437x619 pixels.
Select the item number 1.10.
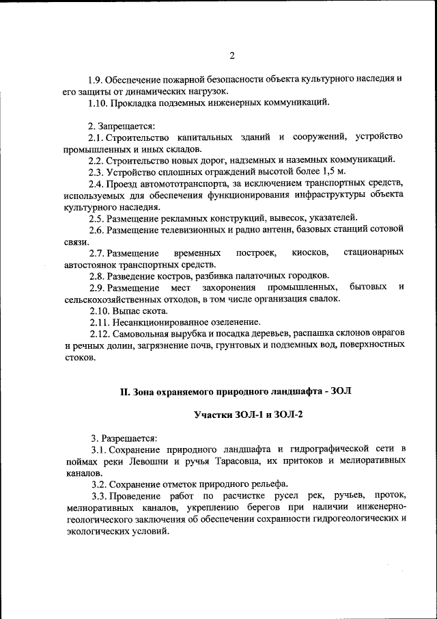pos(99,103)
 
